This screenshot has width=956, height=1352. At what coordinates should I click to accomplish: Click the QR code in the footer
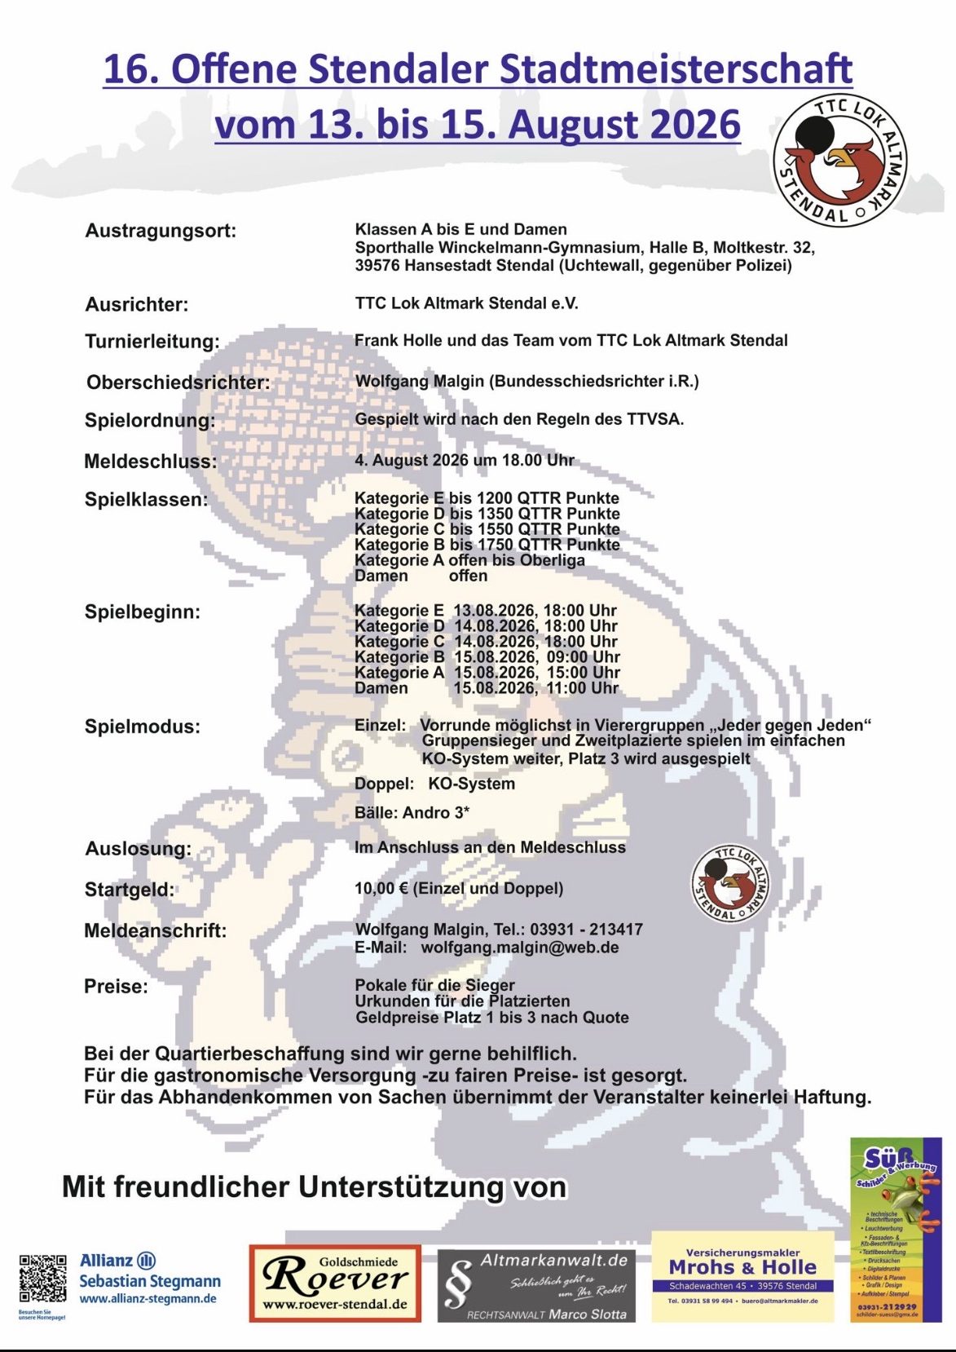point(42,1279)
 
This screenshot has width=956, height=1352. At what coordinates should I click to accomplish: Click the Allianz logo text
point(107,1260)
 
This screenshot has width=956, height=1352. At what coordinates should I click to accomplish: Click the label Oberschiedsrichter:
point(178,382)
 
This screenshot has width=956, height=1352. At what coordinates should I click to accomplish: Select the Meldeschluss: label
point(151,462)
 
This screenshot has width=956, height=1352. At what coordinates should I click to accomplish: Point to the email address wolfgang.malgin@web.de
point(519,948)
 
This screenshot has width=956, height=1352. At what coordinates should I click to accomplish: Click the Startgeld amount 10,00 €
point(381,888)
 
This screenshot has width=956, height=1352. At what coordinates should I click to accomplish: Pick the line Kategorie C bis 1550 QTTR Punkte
point(487,529)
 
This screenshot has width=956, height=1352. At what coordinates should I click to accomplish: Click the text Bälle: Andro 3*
point(412,812)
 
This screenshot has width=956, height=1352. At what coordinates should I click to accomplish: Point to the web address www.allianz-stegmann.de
point(148,1299)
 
